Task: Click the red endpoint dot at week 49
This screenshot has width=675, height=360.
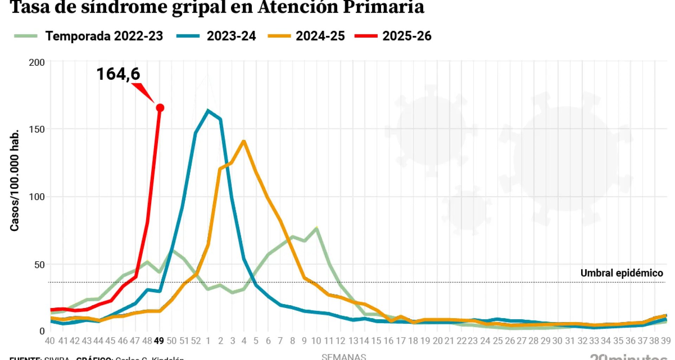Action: click(160, 108)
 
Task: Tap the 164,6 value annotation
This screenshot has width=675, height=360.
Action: click(118, 74)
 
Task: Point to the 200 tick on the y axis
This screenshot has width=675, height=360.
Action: click(37, 63)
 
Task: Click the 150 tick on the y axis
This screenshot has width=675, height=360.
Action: click(37, 129)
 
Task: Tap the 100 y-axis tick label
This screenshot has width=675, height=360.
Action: click(37, 197)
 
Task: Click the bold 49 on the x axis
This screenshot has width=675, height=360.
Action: click(159, 341)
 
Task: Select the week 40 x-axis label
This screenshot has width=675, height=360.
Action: click(50, 341)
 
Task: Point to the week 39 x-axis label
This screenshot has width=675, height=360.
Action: click(666, 341)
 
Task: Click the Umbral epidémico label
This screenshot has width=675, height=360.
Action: click(622, 273)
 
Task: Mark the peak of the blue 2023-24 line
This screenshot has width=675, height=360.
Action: click(208, 111)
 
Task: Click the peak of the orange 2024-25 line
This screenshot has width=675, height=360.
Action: click(244, 141)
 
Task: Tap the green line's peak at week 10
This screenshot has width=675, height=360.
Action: click(316, 229)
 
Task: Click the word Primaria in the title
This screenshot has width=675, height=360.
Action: click(383, 7)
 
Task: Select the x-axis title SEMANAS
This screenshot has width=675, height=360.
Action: click(343, 356)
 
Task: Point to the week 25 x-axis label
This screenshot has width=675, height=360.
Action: click(497, 341)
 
